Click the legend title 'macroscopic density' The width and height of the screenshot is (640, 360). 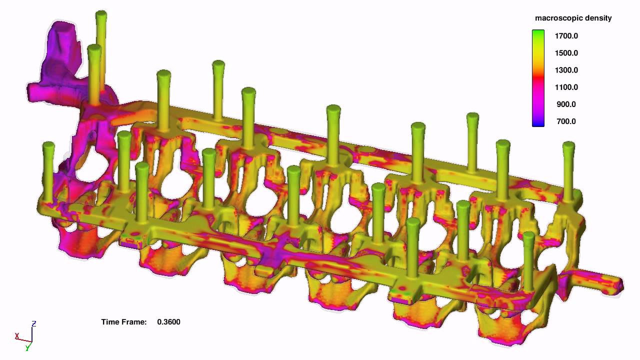coord(573,18)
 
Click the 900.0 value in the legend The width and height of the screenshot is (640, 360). coord(566,104)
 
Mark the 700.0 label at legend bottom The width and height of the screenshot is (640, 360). coord(566,121)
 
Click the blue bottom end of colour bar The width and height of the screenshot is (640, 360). coord(538,123)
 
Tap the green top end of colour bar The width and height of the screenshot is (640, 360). coord(538,33)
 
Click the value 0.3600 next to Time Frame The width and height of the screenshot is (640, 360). coord(168,322)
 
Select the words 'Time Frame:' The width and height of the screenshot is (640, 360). coord(123,322)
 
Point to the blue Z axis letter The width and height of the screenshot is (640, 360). coord(33,323)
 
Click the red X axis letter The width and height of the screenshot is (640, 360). coord(17,336)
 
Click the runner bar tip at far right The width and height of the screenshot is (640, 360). coord(619,285)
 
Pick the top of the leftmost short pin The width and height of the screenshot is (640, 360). coord(48,145)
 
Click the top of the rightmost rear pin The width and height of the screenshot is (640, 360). coord(568,145)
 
